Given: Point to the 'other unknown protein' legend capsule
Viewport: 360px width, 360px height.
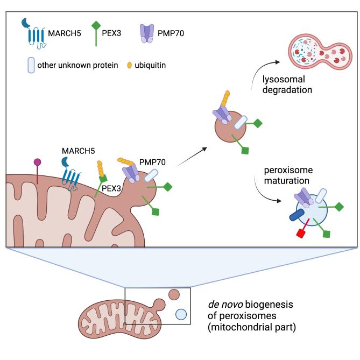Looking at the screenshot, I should tap(31, 66).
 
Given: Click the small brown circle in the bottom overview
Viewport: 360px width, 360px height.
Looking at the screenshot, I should tap(173, 295).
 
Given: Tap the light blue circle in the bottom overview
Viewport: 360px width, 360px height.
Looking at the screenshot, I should tap(181, 314).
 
